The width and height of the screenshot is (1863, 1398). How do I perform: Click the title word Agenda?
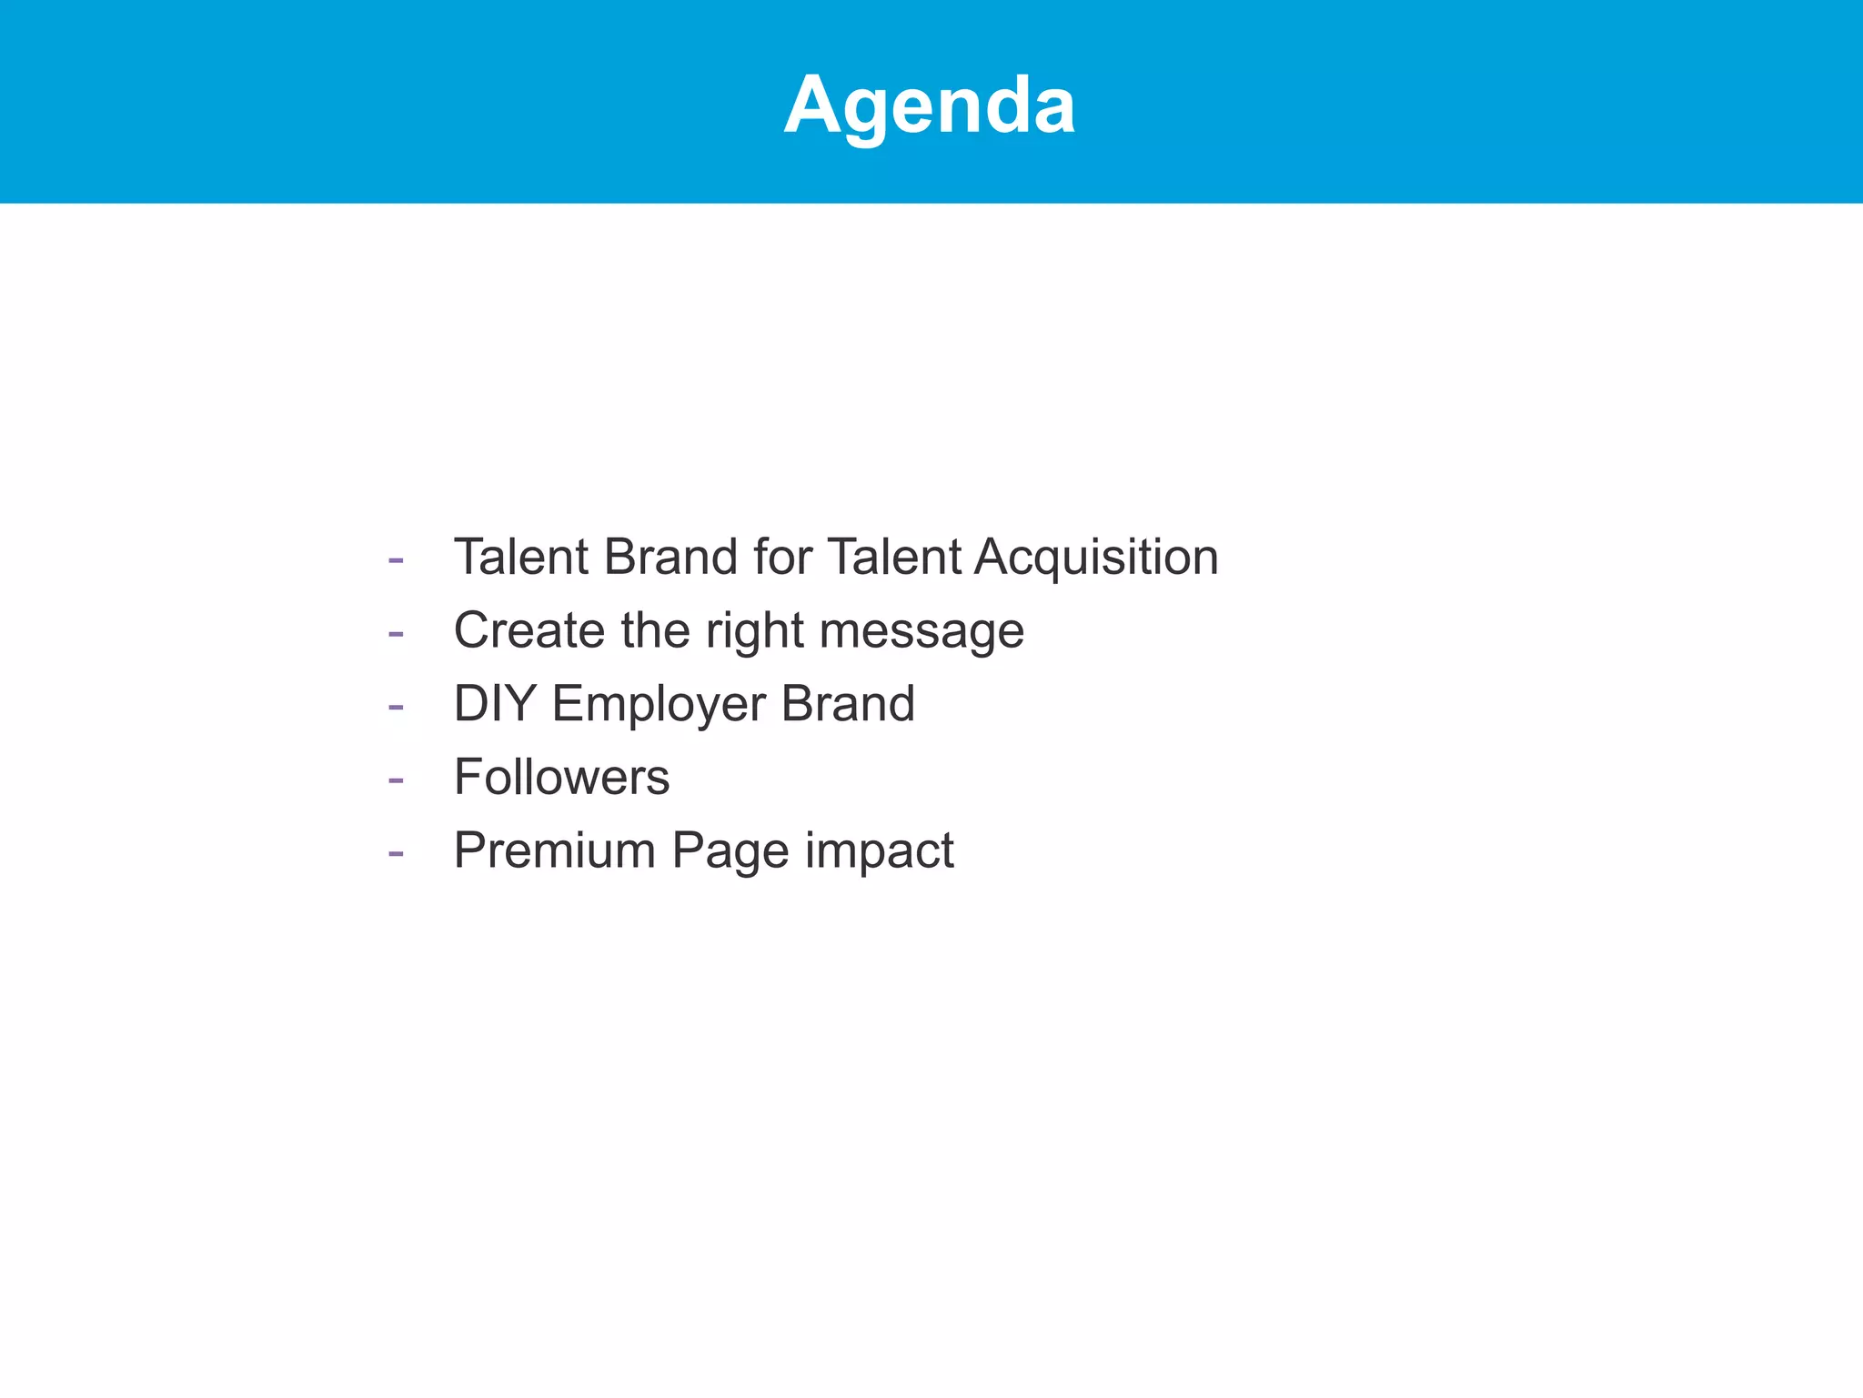[x=930, y=106]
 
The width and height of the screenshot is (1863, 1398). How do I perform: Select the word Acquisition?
[x=1096, y=557]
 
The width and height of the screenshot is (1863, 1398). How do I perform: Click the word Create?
[x=529, y=630]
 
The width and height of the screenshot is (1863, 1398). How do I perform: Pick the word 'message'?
[x=921, y=632]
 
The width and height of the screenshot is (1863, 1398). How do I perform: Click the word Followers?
[x=561, y=778]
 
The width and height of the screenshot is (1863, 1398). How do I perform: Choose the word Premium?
[x=555, y=851]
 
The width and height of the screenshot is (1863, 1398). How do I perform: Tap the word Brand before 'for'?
[x=670, y=557]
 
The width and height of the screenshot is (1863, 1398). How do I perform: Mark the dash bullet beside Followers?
[x=396, y=780]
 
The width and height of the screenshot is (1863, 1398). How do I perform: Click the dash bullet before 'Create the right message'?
[x=396, y=633]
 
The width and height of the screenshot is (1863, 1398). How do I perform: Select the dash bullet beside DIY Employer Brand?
[x=396, y=707]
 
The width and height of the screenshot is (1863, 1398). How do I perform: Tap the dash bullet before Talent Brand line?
[x=396, y=559]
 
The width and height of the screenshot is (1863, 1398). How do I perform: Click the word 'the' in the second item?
[x=655, y=630]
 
